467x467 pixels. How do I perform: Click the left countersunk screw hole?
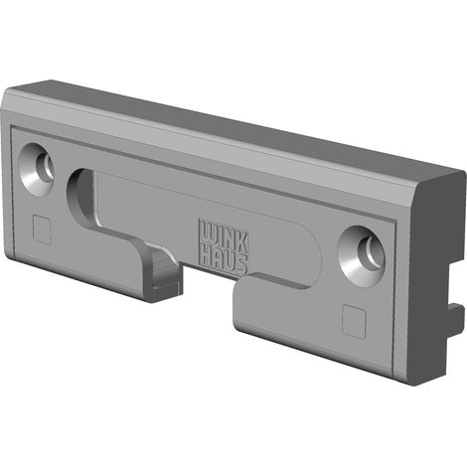(37, 170)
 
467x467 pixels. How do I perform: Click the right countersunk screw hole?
(362, 256)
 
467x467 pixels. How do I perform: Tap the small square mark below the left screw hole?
(42, 230)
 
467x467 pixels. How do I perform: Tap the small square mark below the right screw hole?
(355, 321)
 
